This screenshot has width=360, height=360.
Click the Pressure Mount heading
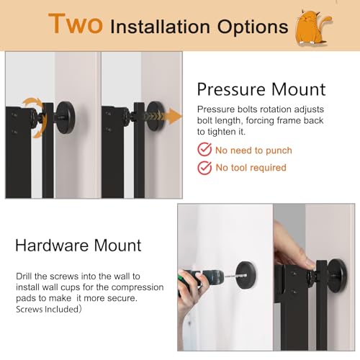(x=261, y=89)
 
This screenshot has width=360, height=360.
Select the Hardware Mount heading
(x=78, y=245)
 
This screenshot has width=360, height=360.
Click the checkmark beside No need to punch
(x=204, y=150)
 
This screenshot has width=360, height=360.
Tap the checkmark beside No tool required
(x=204, y=168)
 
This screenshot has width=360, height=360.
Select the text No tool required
(x=251, y=168)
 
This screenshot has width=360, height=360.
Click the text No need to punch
(x=254, y=150)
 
